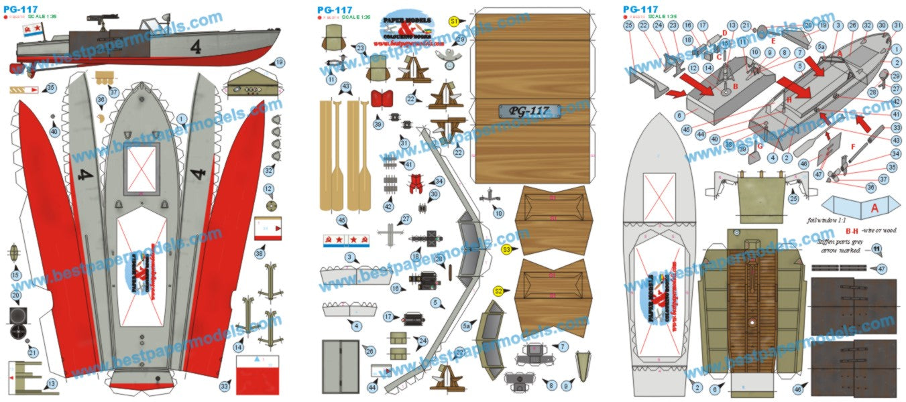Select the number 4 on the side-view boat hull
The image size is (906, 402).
click(195, 47)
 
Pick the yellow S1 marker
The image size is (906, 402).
click(455, 21)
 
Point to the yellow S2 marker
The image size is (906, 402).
click(498, 291)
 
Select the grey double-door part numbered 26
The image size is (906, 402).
click(340, 366)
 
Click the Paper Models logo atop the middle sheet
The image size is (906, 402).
click(408, 29)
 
